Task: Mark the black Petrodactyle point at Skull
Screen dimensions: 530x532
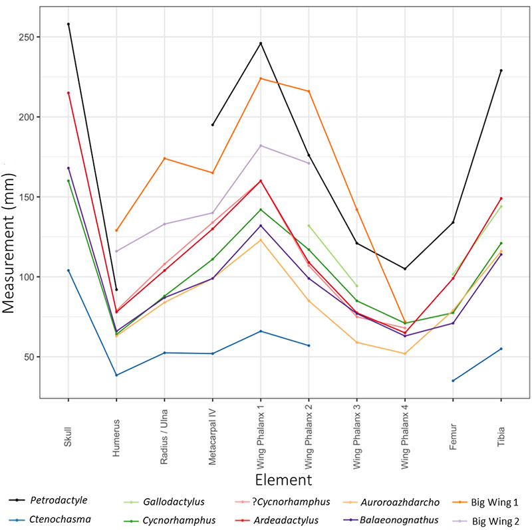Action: click(x=68, y=24)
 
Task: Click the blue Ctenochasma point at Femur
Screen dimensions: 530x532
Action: click(x=453, y=381)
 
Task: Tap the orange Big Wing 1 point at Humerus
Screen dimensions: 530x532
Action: click(x=116, y=230)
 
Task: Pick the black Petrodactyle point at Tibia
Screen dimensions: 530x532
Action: click(x=501, y=70)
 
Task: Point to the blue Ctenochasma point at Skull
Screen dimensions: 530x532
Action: click(x=68, y=270)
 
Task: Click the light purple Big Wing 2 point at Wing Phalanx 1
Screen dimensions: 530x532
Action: click(x=261, y=145)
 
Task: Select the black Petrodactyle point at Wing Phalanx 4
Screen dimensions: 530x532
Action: click(x=404, y=269)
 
